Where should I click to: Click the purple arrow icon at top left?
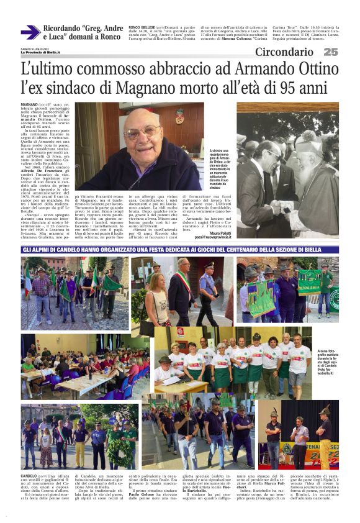tap(30, 32)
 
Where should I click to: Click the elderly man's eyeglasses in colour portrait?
tap(143, 132)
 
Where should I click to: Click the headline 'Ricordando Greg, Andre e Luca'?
tap(82, 32)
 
